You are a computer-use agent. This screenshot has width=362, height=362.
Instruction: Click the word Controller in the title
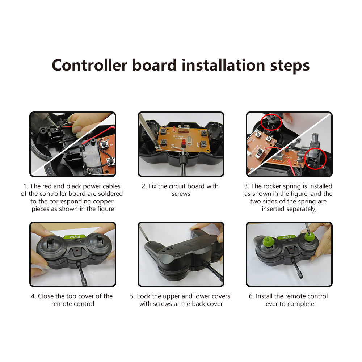[x=89, y=65]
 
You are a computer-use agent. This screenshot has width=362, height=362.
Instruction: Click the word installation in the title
[x=223, y=65]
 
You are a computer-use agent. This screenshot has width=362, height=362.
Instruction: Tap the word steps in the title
[x=290, y=66]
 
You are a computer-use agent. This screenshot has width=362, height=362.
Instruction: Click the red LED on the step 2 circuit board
[x=184, y=144]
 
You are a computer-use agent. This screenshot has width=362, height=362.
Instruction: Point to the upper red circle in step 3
[x=271, y=122]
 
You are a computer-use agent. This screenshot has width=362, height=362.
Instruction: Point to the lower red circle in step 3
[x=315, y=159]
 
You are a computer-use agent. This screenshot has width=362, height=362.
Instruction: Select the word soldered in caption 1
[x=109, y=194]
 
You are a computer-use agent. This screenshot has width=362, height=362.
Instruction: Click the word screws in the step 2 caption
[x=181, y=194]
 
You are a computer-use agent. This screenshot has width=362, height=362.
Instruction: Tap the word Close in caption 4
[x=46, y=296]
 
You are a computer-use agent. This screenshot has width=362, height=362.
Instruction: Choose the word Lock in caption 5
[x=144, y=296]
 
